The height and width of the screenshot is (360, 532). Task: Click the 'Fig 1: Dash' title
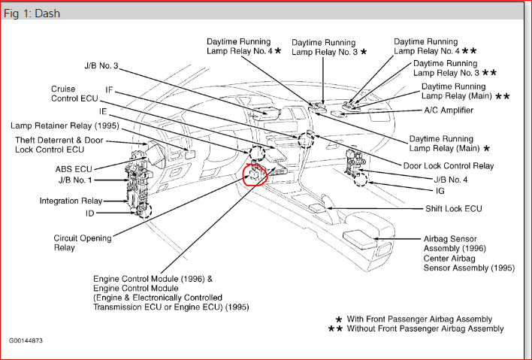[32, 14]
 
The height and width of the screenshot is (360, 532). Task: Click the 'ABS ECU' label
[74, 169]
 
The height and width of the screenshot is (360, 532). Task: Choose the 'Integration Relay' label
[70, 201]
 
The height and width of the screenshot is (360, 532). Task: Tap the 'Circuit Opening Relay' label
[83, 243]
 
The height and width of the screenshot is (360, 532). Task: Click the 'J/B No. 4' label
[450, 180]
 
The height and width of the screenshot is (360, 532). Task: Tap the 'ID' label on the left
[90, 213]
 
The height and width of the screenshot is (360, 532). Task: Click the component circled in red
[256, 176]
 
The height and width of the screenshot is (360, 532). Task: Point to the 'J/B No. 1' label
[74, 180]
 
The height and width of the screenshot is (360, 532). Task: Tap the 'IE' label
[103, 110]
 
